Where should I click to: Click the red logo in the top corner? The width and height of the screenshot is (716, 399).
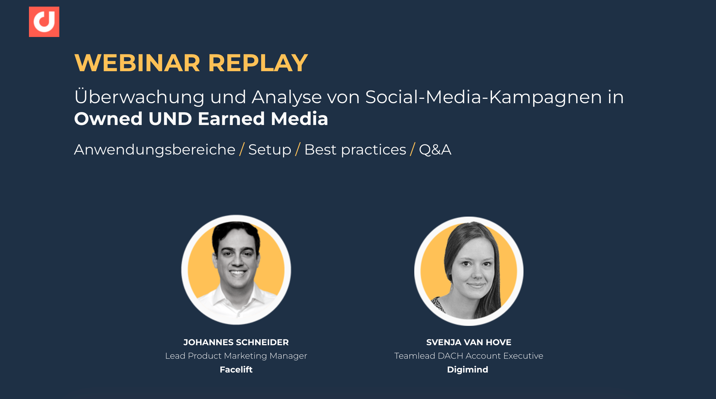(44, 22)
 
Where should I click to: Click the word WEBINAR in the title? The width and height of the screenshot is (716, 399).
(137, 63)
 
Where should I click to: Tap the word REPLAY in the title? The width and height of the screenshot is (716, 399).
(258, 63)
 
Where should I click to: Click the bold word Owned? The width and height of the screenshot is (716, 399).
(108, 119)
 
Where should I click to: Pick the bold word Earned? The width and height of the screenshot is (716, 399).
(231, 119)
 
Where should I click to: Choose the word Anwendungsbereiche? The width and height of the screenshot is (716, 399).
(155, 150)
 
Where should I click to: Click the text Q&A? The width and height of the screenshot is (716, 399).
(435, 150)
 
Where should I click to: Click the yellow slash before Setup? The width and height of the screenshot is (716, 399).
(242, 150)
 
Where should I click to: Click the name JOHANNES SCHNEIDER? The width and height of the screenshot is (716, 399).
(236, 342)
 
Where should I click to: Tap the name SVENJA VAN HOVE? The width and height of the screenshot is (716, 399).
(469, 342)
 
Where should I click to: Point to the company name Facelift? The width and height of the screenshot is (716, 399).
(236, 369)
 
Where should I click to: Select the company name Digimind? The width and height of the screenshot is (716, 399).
(467, 370)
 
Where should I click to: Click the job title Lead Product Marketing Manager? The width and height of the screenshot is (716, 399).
(236, 356)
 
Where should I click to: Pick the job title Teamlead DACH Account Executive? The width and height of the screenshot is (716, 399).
(469, 356)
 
